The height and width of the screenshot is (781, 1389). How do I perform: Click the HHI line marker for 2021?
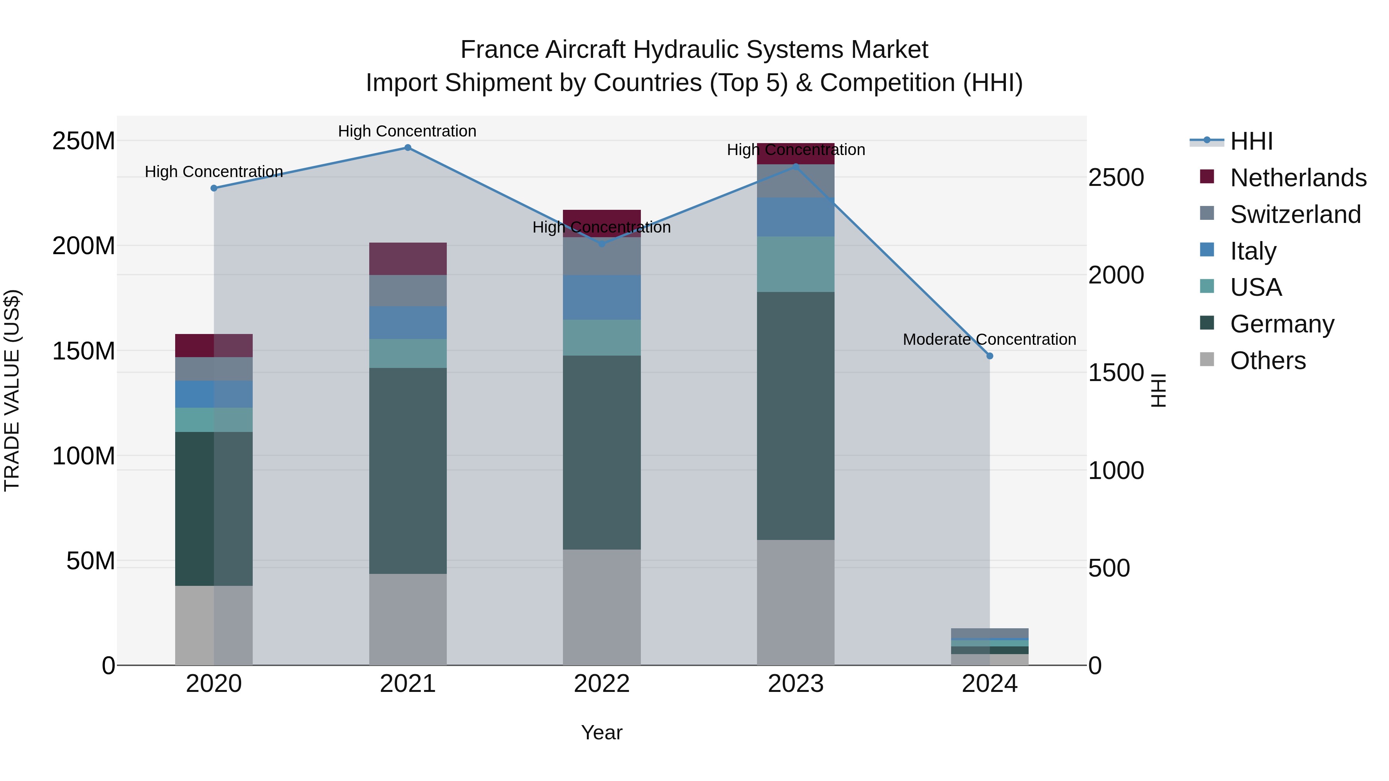[408, 148]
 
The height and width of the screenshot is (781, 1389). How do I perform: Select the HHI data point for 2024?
[989, 356]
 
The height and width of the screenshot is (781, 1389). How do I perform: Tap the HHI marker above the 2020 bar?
[214, 188]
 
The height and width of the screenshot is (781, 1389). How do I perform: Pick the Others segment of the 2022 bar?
[602, 607]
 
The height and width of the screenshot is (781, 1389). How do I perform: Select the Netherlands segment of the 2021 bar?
[408, 259]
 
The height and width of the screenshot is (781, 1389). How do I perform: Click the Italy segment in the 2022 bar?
[602, 297]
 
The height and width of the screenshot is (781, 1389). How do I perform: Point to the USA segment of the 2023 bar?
[795, 264]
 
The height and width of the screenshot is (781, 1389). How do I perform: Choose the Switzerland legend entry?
[1295, 214]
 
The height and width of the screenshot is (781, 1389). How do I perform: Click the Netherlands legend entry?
[1298, 177]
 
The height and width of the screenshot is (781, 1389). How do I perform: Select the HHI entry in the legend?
[1251, 141]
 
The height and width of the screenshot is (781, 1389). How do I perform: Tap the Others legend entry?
[1268, 360]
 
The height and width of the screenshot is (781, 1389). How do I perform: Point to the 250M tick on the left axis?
[84, 141]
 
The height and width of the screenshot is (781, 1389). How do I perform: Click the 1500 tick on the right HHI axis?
[1115, 373]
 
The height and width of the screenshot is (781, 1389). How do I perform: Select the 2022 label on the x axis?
[602, 684]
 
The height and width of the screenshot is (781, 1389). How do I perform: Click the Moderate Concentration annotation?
[989, 339]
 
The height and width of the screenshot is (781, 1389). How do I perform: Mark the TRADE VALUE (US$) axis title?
[12, 390]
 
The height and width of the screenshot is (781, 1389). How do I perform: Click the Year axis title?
[602, 732]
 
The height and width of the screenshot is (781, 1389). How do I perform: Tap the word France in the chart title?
[499, 50]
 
